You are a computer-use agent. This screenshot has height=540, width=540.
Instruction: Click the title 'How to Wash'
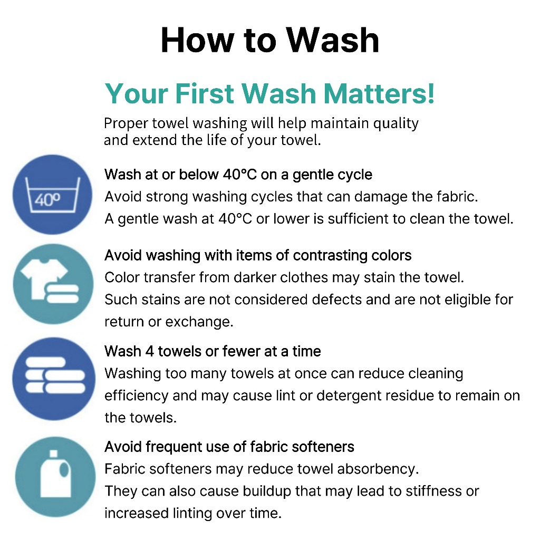point(270,40)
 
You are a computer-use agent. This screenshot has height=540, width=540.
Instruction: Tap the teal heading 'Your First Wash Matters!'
point(269,93)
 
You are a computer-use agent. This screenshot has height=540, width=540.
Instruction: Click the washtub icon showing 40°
point(53,195)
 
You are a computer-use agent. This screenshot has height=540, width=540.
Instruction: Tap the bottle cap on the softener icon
point(53,454)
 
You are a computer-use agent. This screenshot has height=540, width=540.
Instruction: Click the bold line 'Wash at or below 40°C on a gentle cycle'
point(238,175)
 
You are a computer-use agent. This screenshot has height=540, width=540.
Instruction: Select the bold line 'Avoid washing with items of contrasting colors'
point(258,256)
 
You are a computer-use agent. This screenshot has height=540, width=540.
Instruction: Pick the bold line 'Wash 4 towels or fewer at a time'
point(213,351)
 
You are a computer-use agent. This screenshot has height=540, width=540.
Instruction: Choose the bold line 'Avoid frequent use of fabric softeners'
point(229,447)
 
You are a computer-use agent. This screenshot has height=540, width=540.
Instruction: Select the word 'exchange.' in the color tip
point(199,322)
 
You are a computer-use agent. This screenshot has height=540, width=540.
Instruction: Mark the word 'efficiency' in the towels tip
point(137,396)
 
